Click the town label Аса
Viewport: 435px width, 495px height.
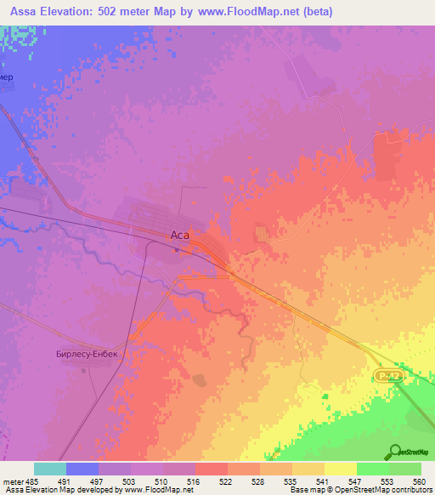[178, 236]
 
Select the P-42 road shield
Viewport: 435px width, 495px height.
[387, 375]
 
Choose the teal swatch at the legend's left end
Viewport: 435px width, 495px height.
[50, 469]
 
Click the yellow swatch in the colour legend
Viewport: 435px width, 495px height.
[340, 469]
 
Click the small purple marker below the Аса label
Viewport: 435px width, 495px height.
[178, 250]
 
